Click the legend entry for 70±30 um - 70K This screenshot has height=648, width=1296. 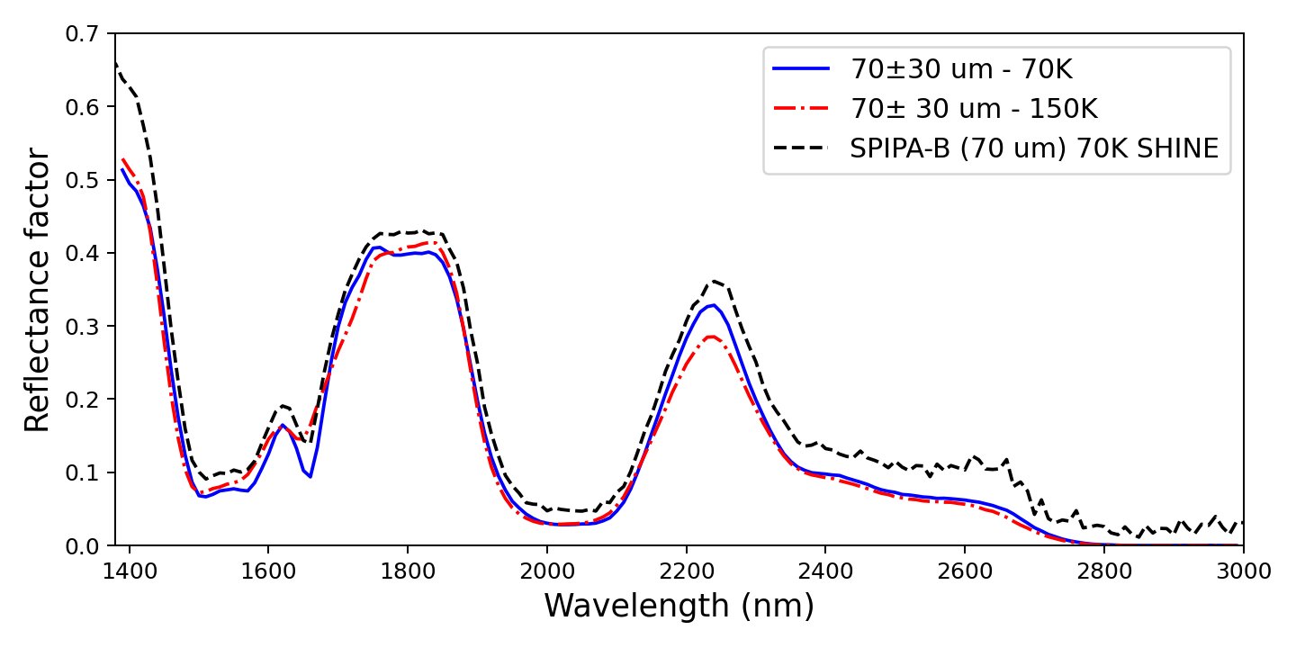[x=961, y=68]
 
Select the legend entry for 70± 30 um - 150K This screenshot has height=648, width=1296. [x=974, y=109]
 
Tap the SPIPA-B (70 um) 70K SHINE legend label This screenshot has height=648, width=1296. [x=1034, y=149]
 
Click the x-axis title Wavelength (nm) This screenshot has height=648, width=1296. [x=679, y=607]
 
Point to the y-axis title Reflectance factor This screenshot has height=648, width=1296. [x=38, y=290]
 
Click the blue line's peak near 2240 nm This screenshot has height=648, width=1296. [x=712, y=305]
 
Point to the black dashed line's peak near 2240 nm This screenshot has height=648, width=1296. [x=714, y=281]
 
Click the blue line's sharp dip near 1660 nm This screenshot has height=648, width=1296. [x=310, y=477]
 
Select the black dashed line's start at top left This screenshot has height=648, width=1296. [x=115, y=63]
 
